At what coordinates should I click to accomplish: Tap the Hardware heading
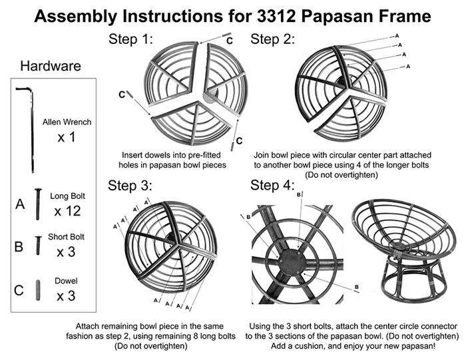click(x=51, y=66)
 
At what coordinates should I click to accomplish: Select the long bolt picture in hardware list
click(x=38, y=204)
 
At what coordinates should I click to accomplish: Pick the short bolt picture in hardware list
click(x=38, y=246)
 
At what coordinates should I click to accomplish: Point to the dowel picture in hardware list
click(x=38, y=290)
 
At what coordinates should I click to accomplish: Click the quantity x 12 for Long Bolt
click(x=67, y=211)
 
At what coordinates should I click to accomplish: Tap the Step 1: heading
click(x=130, y=39)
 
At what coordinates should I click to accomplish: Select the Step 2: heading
click(x=272, y=39)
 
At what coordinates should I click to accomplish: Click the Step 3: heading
click(x=130, y=186)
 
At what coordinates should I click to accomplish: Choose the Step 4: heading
click(x=272, y=186)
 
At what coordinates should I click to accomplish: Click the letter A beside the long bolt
click(x=20, y=204)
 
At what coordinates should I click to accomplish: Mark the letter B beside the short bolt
click(x=19, y=246)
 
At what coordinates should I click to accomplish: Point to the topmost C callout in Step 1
click(x=230, y=41)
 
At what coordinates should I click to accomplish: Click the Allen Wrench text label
click(x=67, y=122)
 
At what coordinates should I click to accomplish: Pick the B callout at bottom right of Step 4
click(x=357, y=287)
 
